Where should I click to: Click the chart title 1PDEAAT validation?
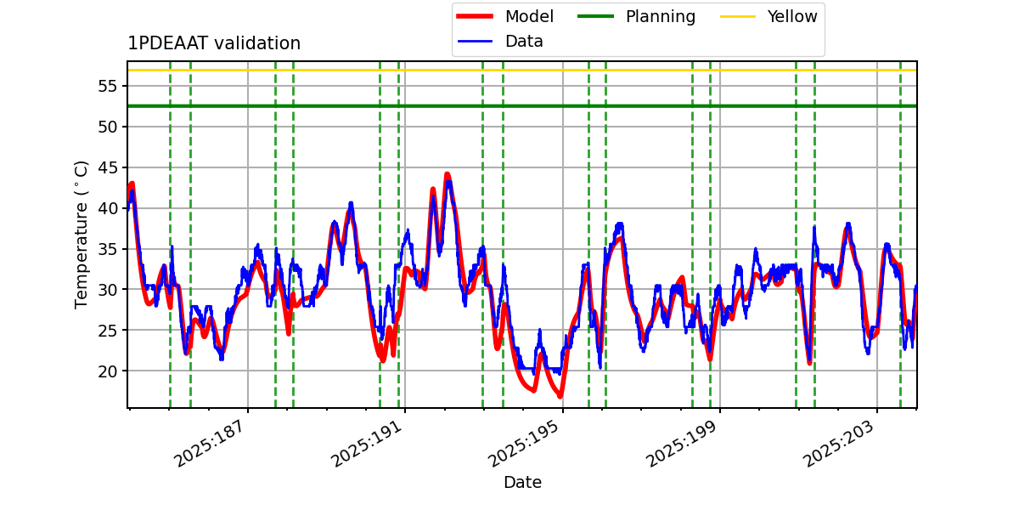click(214, 43)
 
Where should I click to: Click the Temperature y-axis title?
click(82, 234)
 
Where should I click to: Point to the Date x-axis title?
click(522, 483)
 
